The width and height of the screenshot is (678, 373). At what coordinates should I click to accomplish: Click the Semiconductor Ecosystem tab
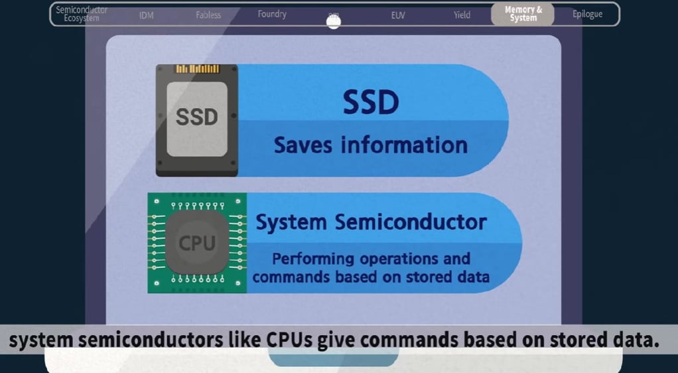(x=81, y=14)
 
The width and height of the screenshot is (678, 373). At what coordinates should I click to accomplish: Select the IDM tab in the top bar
(x=147, y=15)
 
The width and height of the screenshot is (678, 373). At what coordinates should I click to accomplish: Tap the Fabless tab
(x=208, y=15)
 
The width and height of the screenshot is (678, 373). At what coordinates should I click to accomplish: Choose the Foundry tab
(x=272, y=14)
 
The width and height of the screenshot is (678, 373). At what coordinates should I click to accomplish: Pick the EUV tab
(x=398, y=15)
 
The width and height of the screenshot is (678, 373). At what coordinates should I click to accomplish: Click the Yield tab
(x=462, y=15)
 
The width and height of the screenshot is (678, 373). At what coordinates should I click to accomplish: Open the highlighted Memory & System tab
(x=523, y=14)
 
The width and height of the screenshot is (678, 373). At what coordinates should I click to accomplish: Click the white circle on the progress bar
(x=334, y=21)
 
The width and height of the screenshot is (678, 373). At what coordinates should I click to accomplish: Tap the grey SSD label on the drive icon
(x=197, y=117)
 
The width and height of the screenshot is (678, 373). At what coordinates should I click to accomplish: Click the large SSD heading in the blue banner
(x=371, y=102)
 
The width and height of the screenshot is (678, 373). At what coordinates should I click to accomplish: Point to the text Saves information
(x=370, y=145)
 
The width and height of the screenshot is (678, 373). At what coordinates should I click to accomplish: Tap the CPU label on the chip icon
(x=197, y=244)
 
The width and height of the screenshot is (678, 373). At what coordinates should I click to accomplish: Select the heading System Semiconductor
(x=371, y=222)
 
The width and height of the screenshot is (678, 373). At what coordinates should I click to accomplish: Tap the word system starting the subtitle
(x=41, y=341)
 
